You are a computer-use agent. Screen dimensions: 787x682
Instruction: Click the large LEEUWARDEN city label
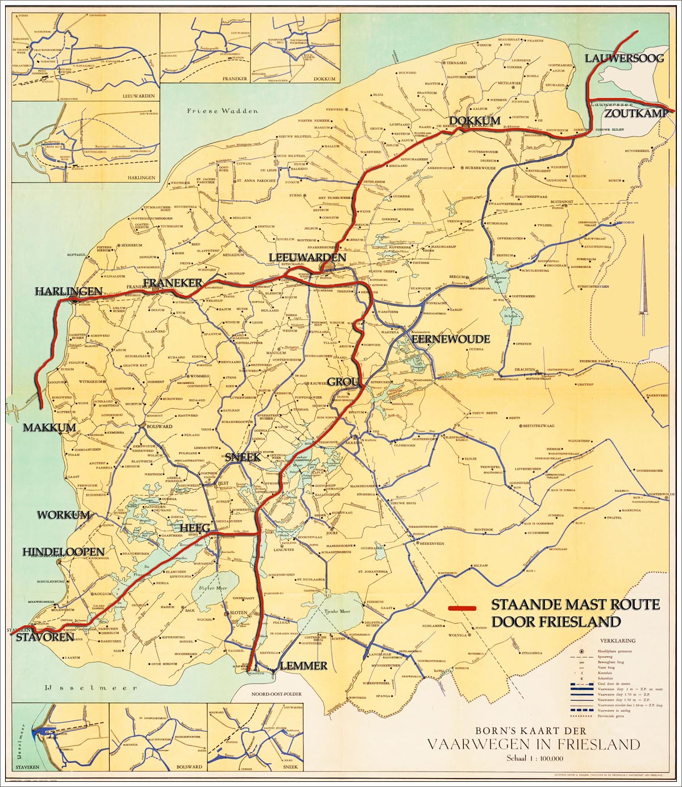pyautogui.click(x=307, y=258)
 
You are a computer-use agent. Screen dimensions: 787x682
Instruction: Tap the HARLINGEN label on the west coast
pyautogui.click(x=69, y=291)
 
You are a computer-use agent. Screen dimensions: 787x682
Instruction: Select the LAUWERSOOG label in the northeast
pyautogui.click(x=624, y=58)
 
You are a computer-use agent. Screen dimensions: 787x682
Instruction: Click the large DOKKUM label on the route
pyautogui.click(x=475, y=120)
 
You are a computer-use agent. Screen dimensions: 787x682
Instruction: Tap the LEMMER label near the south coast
pyautogui.click(x=303, y=665)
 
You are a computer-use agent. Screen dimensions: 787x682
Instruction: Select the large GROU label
pyautogui.click(x=344, y=382)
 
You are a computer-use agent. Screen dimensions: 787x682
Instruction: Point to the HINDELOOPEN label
pyautogui.click(x=63, y=552)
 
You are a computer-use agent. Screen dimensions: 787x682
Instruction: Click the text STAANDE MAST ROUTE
pyautogui.click(x=575, y=604)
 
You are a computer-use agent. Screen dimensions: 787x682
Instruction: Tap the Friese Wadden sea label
pyautogui.click(x=222, y=111)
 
